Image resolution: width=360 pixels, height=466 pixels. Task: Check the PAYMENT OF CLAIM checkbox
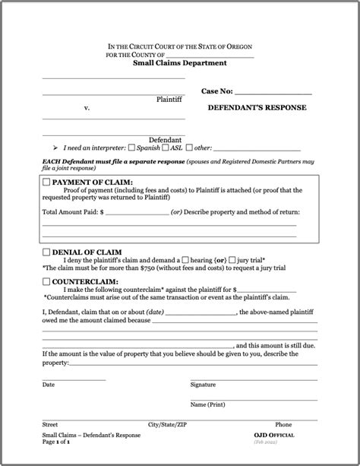pos(46,182)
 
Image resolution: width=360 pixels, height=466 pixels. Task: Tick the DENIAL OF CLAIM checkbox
pos(46,251)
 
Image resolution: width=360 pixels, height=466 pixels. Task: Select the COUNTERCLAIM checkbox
pos(46,281)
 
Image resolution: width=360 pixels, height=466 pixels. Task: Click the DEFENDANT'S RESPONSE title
pos(257,108)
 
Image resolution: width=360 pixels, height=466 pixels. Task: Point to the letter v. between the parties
pos(87,108)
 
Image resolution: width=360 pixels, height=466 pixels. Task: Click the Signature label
pos(203,385)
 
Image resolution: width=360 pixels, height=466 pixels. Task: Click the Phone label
pos(283,424)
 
